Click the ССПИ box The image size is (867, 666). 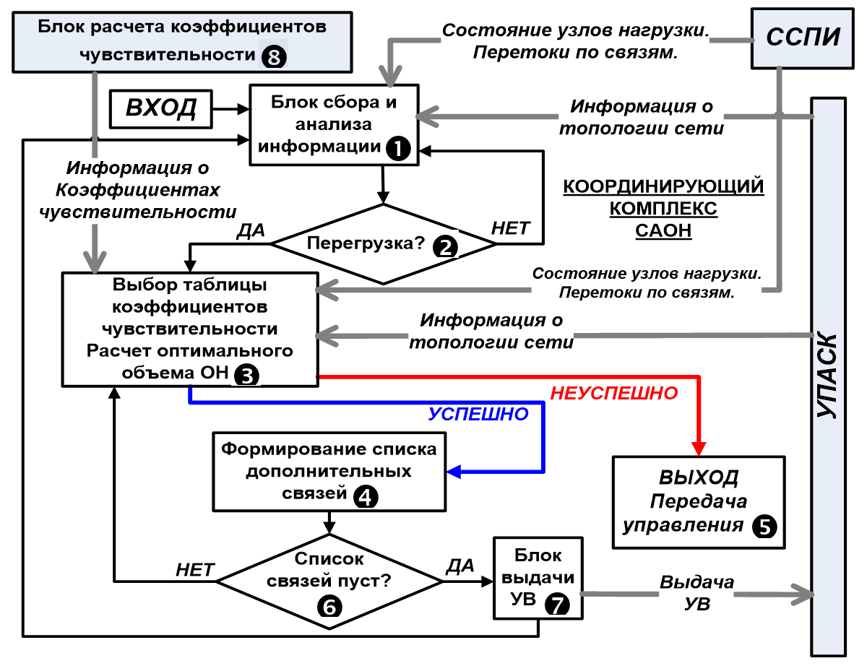point(802,38)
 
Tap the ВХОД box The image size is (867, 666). point(161,109)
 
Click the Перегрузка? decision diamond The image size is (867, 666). point(383,243)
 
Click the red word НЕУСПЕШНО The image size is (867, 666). point(614,394)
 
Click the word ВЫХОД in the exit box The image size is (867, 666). point(698,478)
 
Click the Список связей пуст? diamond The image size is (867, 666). point(330,580)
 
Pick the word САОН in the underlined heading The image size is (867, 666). point(663,230)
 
